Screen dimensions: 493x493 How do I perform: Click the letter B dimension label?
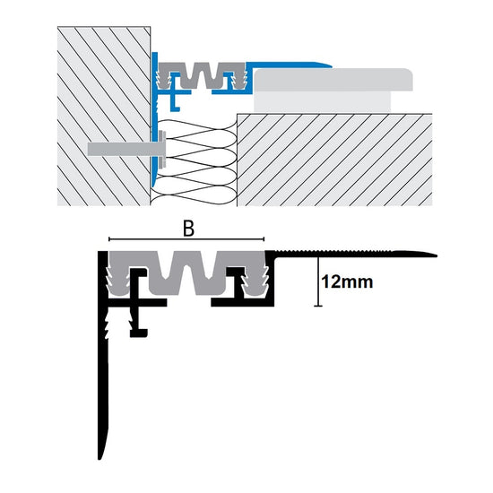coord(188,229)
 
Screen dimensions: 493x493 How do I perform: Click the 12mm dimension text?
coord(347,281)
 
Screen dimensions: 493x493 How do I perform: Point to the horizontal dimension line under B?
coord(186,239)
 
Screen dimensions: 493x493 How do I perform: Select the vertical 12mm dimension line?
coord(318,281)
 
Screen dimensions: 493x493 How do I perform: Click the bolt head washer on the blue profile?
coord(163,149)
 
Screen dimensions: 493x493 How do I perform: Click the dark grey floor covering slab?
coord(333,80)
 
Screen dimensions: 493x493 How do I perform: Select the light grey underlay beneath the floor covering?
coord(323,101)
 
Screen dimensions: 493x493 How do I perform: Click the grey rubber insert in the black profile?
coord(187,272)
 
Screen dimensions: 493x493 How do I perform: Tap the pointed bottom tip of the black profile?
coord(99,458)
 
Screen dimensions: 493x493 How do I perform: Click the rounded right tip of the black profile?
coord(435,255)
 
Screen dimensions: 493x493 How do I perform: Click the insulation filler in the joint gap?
coord(195,162)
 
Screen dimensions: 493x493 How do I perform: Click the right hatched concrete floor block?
coord(334,160)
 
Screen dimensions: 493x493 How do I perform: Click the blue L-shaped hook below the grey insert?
coord(174,102)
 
